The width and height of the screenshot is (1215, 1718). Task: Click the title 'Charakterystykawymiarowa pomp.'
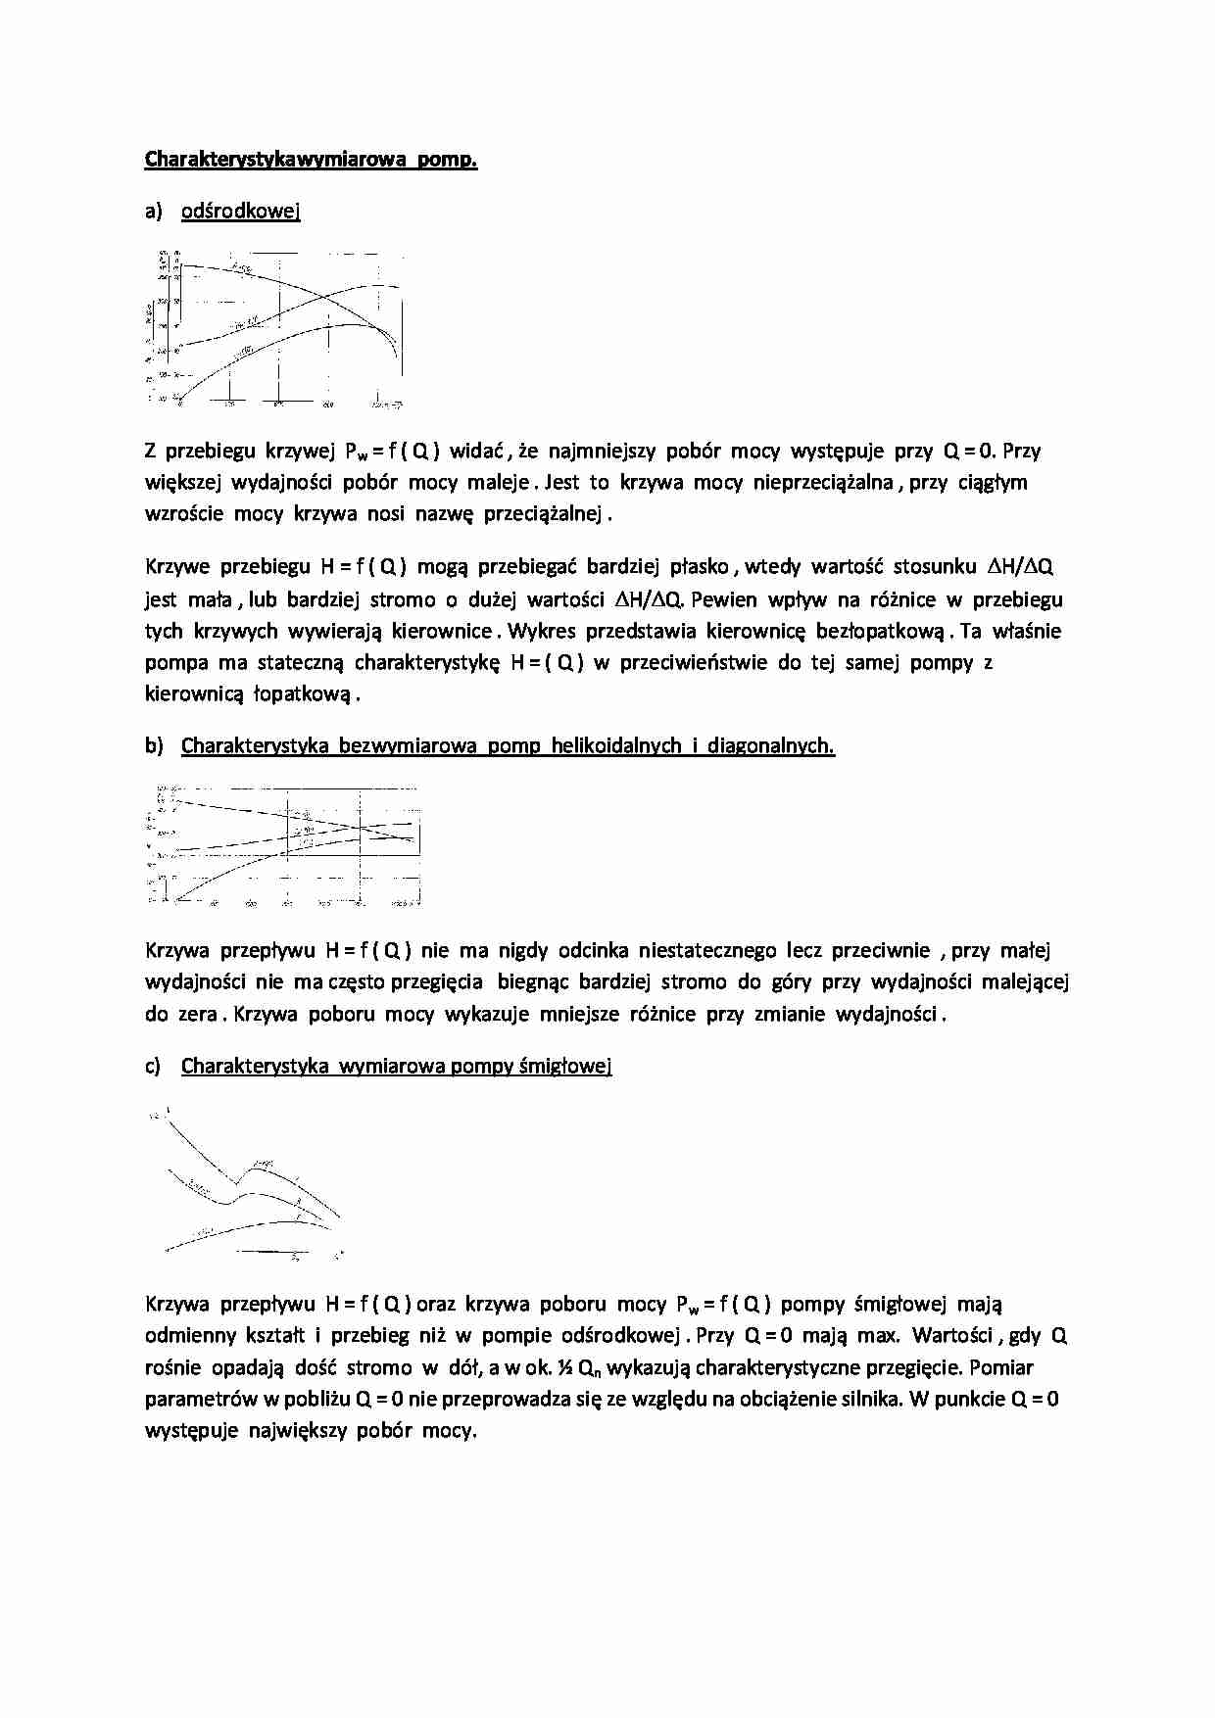click(311, 159)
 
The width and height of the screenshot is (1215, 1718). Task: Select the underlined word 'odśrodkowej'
click(240, 211)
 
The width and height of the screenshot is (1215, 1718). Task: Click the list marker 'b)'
click(154, 745)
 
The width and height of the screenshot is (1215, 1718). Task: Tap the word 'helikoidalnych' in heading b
click(616, 745)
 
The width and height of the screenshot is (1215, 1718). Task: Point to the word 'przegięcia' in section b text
click(437, 981)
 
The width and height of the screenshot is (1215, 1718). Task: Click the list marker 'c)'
click(153, 1066)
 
